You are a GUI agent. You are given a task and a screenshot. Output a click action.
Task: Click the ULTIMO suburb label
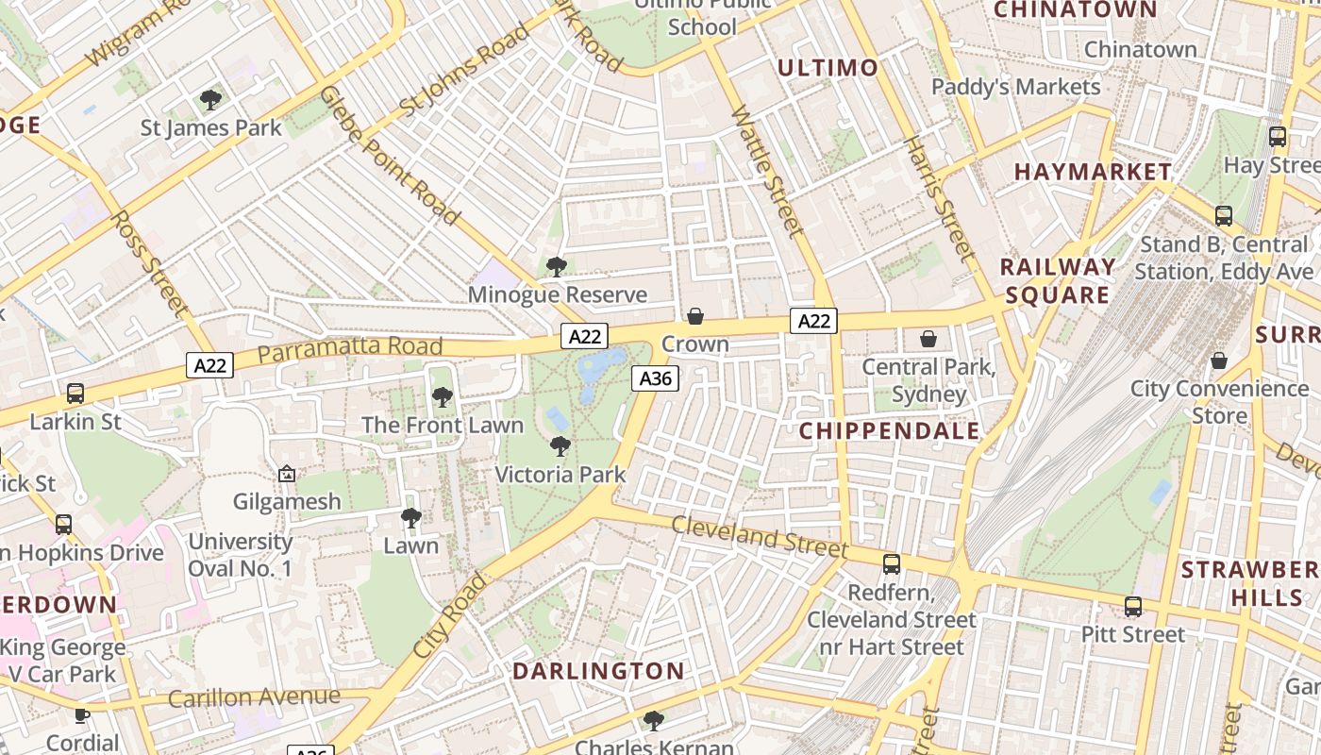828,68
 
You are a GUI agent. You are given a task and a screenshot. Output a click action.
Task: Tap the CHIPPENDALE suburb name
890,431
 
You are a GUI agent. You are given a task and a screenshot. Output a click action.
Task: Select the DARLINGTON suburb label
598,672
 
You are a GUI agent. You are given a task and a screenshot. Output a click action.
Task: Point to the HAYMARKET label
1093,172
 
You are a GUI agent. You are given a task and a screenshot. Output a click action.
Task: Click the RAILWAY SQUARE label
1057,281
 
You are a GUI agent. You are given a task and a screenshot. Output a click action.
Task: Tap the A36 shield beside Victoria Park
655,378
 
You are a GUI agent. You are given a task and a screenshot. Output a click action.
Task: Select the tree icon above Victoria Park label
560,446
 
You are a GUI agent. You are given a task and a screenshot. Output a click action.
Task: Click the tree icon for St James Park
210,99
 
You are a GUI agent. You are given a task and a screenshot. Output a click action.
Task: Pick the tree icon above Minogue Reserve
557,267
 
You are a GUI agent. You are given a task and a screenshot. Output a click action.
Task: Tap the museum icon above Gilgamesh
287,474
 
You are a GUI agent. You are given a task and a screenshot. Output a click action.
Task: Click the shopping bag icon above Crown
695,316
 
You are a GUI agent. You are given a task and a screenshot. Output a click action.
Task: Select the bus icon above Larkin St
75,394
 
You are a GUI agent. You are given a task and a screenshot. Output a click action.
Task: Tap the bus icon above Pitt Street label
1132,607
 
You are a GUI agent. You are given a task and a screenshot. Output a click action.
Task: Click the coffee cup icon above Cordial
82,715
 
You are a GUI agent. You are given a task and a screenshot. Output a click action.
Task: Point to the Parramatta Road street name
337,349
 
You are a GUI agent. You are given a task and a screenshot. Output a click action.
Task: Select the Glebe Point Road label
390,156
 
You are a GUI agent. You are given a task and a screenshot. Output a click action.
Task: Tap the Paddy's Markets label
1015,87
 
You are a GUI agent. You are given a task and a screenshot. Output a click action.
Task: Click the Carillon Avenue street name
254,697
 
